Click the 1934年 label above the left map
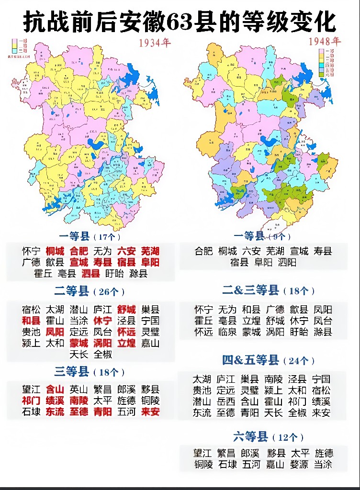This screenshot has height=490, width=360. (x=155, y=43)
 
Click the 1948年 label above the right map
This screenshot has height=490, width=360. (x=324, y=41)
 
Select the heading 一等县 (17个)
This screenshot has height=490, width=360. (x=90, y=236)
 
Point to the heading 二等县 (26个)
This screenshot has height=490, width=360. (x=90, y=291)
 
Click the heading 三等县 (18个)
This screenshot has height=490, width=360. (x=90, y=372)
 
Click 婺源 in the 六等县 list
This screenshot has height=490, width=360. (x=298, y=464)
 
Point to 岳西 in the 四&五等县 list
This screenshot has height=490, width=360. (x=226, y=401)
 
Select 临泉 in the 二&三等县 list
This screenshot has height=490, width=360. (x=226, y=332)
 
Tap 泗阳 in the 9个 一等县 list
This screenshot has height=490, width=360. (x=286, y=262)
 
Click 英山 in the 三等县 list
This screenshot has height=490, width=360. (x=79, y=390)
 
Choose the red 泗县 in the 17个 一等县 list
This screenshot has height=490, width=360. (x=90, y=274)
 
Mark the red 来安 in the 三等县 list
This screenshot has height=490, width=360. (x=150, y=412)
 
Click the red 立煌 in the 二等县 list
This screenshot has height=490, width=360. (x=126, y=343)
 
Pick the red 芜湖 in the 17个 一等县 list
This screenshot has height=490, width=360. (x=150, y=251)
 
